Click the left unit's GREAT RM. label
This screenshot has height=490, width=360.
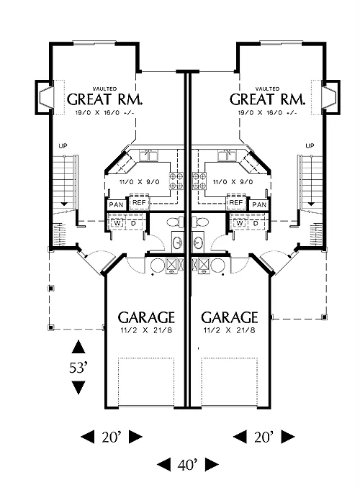pos(105,99)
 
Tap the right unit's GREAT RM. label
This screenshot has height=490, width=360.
pos(267,99)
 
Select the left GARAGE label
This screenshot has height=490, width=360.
pos(146,317)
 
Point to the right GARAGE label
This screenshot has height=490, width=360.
pos(230,317)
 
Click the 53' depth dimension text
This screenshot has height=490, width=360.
pos(78,368)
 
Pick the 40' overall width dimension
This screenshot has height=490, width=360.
pos(188,466)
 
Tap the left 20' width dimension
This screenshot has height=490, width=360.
pos(112,437)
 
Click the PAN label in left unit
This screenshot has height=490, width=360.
pos(117,205)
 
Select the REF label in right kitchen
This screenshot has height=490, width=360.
pos(236,202)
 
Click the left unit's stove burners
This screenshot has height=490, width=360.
pos(176,181)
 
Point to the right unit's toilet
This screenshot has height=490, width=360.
pos(200,222)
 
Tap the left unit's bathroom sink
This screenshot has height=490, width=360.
pos(178,242)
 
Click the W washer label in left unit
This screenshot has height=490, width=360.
pos(117,224)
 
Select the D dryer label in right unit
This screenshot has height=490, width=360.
pos(256,224)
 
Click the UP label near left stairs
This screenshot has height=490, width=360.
pos(63,146)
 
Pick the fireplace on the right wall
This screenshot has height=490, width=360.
pos(331,98)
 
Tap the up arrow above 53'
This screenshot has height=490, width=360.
pos(78,347)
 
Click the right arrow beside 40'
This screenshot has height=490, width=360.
pos(212,465)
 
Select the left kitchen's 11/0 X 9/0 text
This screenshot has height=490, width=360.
pos(140,182)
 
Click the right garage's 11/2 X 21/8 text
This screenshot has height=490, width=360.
pos(230,330)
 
